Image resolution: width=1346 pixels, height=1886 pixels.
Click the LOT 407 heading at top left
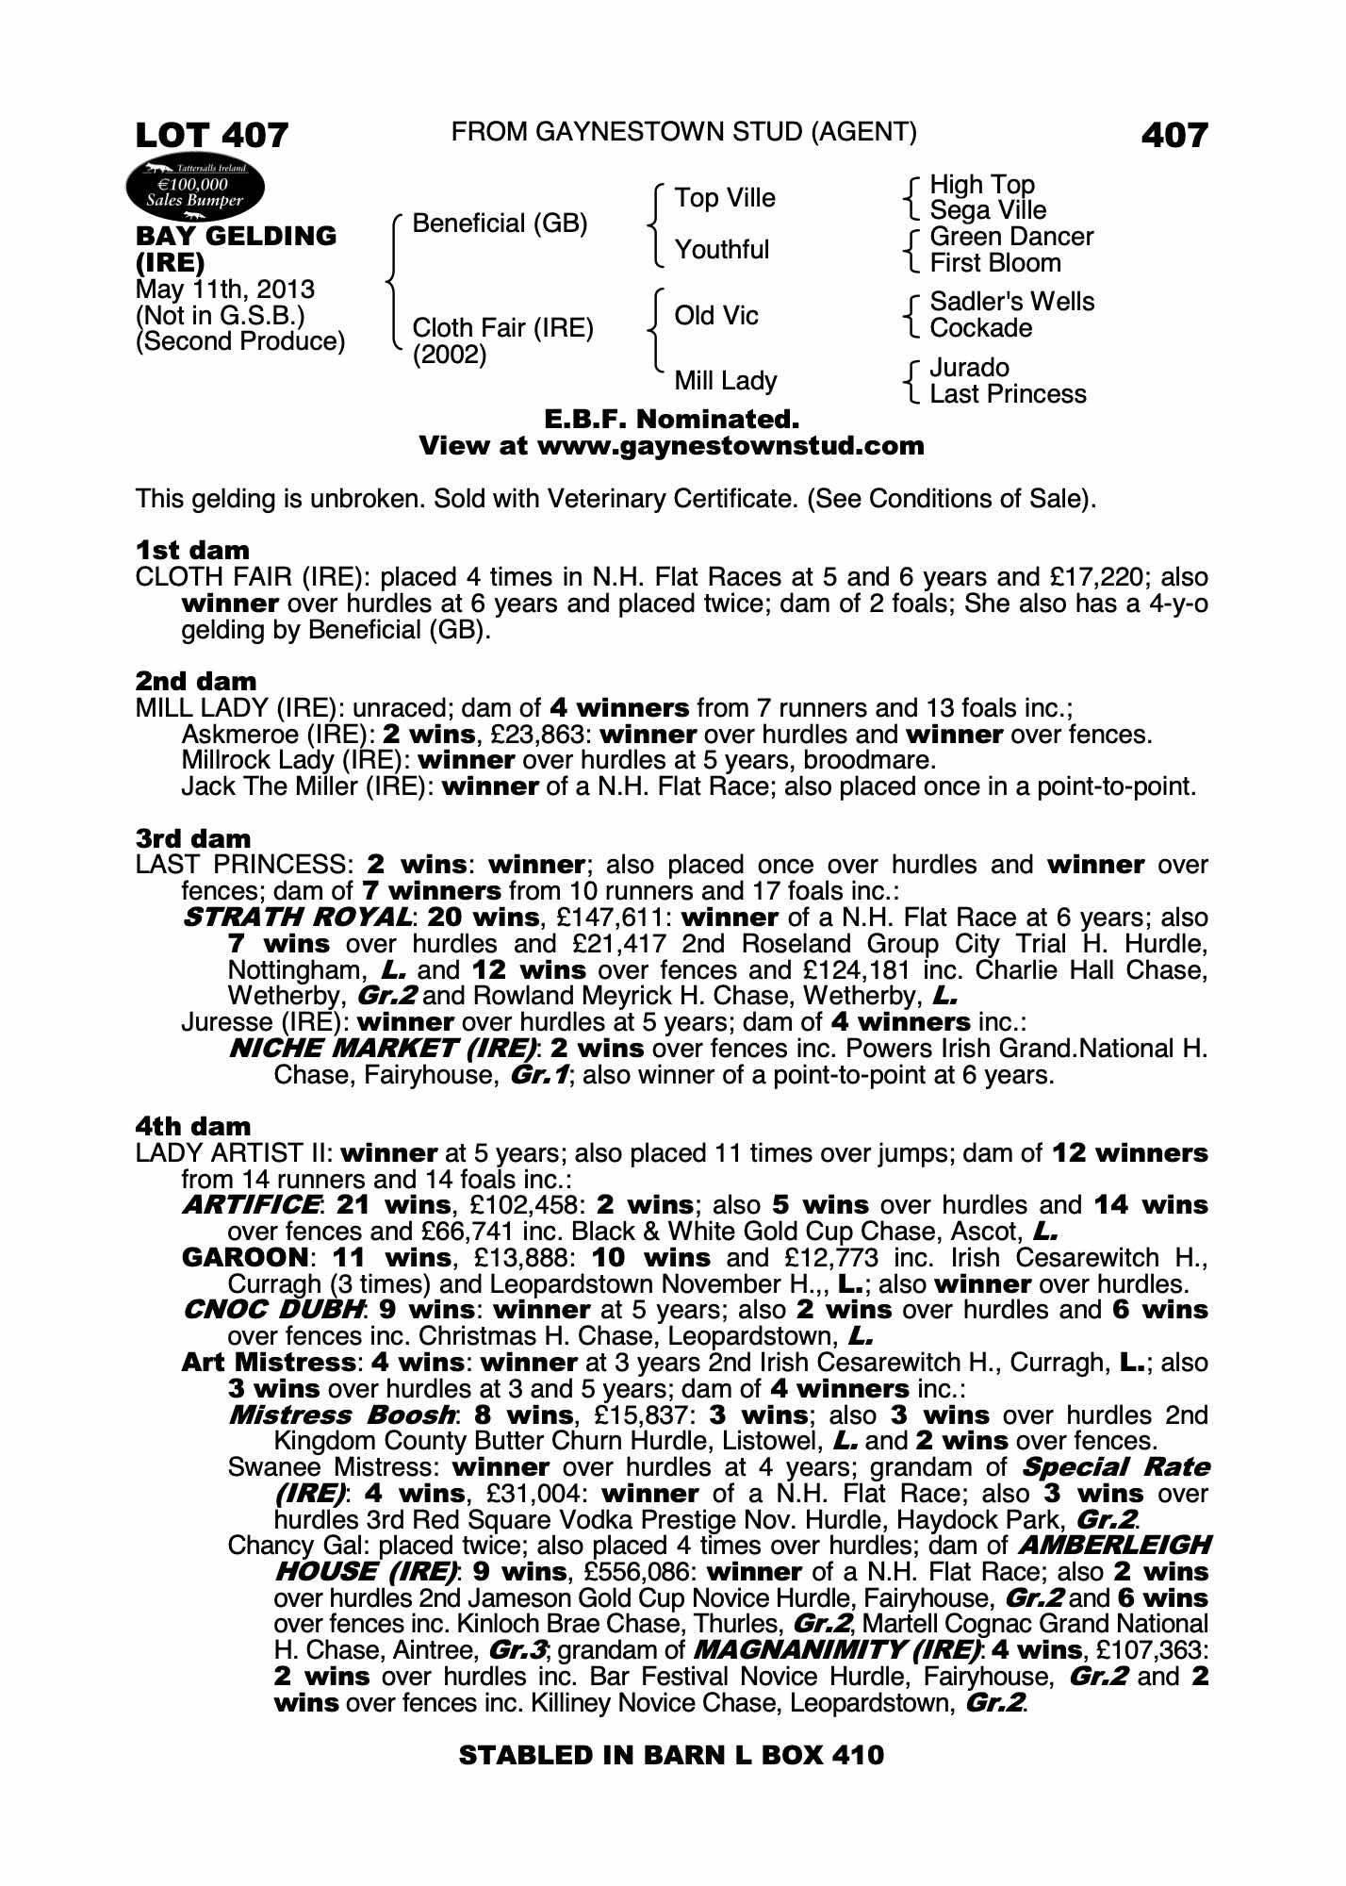click(x=212, y=136)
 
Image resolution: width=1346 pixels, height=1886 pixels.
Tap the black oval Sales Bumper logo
click(x=195, y=191)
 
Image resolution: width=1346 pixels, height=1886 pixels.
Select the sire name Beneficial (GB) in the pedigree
click(x=500, y=223)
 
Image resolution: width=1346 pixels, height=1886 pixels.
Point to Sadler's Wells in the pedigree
click(x=1011, y=302)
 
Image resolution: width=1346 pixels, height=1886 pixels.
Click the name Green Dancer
click(x=1010, y=237)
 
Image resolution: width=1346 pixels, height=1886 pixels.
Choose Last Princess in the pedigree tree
click(x=1007, y=394)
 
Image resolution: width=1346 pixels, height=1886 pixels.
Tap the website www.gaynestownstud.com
click(x=730, y=445)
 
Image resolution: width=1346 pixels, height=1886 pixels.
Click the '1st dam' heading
click(x=192, y=550)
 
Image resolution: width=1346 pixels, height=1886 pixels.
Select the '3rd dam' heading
click(x=192, y=838)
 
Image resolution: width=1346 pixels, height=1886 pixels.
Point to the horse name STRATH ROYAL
click(x=297, y=918)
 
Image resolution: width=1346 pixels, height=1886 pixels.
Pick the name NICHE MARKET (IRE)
click(x=383, y=1049)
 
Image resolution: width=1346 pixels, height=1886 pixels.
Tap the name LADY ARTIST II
click(x=234, y=1153)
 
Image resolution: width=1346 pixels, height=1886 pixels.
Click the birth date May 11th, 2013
click(x=225, y=290)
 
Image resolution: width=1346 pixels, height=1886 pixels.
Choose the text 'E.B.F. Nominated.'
click(x=672, y=419)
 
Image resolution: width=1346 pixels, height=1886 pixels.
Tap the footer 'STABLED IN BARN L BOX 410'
click(x=671, y=1755)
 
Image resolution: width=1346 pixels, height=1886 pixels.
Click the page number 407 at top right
click(x=1174, y=136)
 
